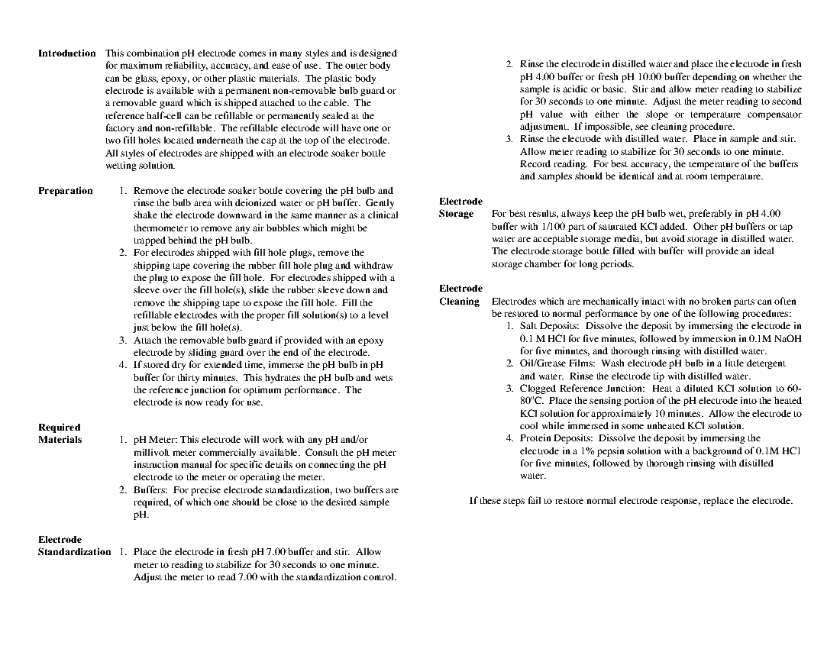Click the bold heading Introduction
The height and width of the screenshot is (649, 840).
pos(67,53)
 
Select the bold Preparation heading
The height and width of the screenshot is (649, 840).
pos(66,191)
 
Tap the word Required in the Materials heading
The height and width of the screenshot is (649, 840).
pos(59,428)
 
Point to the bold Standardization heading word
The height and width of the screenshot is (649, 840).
pos(74,552)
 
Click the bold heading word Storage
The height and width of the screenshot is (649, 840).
pos(456,215)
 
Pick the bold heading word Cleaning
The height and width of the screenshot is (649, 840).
pos(459,302)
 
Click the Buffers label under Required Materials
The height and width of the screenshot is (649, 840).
pos(150,490)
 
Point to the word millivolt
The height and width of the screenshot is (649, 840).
pos(153,452)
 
